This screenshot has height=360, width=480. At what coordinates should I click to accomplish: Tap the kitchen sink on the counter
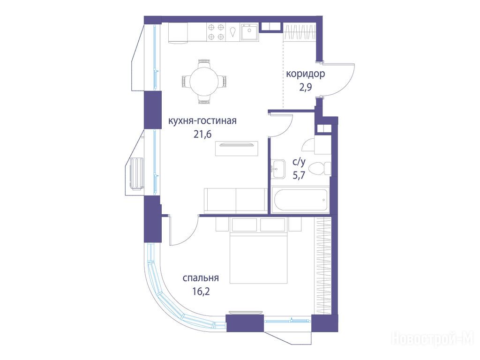(249, 32)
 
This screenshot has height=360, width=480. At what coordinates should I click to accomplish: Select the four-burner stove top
(216, 32)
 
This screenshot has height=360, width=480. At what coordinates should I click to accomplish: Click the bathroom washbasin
(277, 168)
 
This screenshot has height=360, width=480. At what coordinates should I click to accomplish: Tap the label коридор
(305, 74)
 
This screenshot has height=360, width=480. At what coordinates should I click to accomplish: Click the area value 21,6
(202, 134)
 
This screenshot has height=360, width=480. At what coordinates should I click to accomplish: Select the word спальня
(201, 278)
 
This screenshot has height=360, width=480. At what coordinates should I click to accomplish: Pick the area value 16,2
(201, 291)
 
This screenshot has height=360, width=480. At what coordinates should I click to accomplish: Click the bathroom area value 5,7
(299, 175)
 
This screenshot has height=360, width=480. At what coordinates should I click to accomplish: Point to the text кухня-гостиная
(202, 121)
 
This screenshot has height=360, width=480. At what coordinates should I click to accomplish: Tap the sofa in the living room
(236, 201)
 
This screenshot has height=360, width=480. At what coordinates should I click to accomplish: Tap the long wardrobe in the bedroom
(323, 266)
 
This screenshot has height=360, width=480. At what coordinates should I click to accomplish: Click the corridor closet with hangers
(300, 32)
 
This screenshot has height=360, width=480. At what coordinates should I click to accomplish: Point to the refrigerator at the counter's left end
(178, 32)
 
